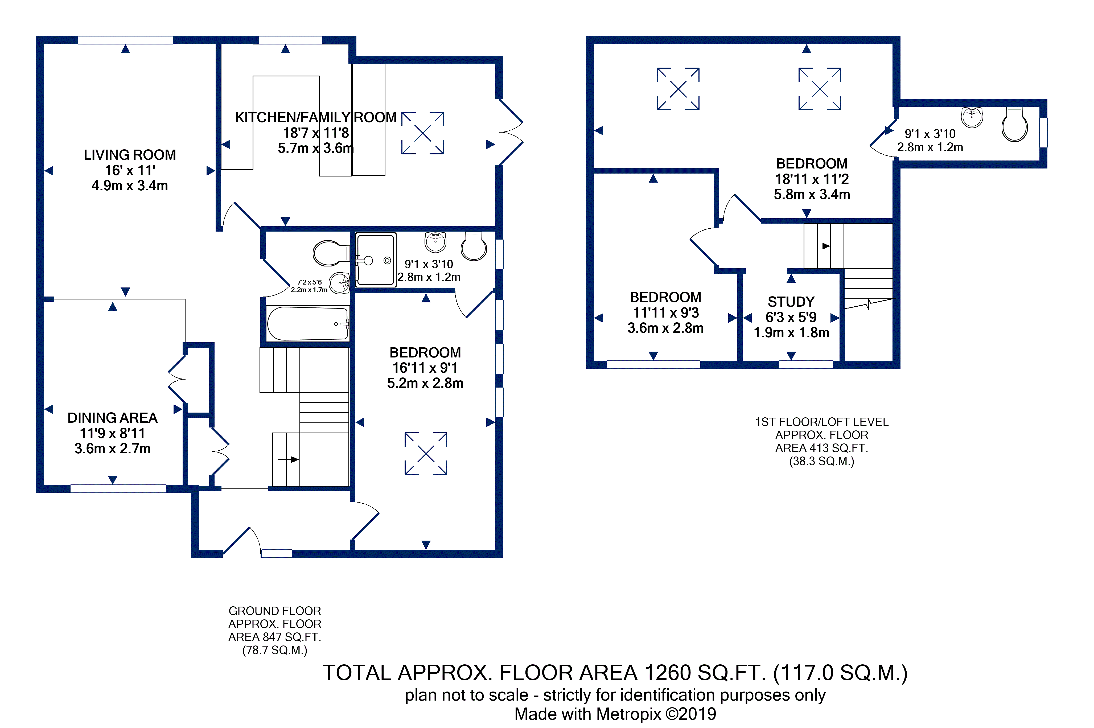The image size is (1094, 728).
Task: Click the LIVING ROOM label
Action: click(130, 155)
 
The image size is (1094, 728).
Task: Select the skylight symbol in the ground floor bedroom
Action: click(426, 454)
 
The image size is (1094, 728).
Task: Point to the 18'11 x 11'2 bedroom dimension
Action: click(812, 179)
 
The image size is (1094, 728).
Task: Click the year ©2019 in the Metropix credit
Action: click(691, 714)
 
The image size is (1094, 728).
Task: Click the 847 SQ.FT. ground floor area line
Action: click(275, 637)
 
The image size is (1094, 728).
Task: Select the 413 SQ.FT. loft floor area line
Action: click(821, 448)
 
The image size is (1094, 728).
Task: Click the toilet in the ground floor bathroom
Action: click(331, 253)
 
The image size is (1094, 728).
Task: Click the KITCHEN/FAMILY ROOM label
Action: click(316, 117)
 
